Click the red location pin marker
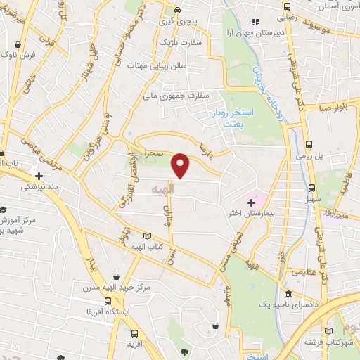[181, 165]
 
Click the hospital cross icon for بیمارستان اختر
[251, 202]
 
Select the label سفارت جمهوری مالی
[179, 95]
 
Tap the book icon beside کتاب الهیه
[146, 237]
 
